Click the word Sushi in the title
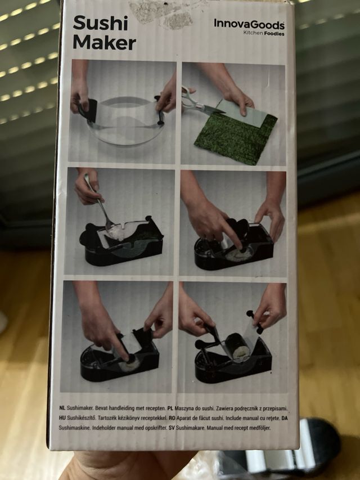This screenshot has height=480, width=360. (x=101, y=24)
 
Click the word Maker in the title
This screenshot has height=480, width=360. (x=104, y=43)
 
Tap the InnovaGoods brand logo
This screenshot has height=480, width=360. (x=249, y=24)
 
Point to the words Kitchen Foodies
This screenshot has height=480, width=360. (x=263, y=33)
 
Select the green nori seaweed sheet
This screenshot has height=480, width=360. (x=236, y=138)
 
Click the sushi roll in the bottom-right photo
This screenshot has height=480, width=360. (x=238, y=345)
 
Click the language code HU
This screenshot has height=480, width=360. (x=62, y=417)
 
